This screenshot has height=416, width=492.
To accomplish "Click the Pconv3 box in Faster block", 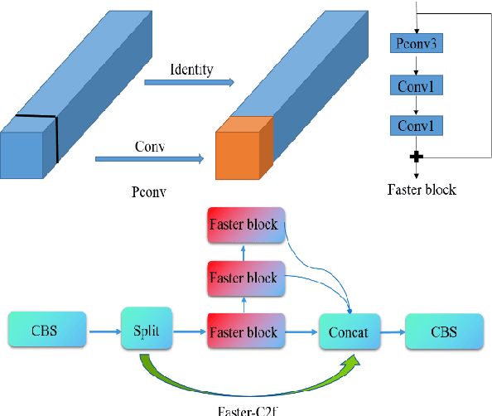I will tap(417, 44).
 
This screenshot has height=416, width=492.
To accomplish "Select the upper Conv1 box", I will tap(417, 85).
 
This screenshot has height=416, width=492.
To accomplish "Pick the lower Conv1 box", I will tap(417, 126).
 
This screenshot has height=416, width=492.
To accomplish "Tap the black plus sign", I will tap(417, 155).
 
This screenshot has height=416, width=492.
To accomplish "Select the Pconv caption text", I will tap(148, 191).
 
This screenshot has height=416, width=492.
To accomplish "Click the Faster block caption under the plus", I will tap(422, 189).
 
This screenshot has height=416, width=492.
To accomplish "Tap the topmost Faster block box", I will tap(244, 226).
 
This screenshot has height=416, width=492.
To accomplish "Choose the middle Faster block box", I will tap(244, 278).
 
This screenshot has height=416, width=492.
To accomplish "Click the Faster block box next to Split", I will tap(244, 331).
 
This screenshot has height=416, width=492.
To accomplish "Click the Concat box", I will tap(349, 332).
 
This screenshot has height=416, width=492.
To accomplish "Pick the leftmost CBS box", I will tap(47, 329).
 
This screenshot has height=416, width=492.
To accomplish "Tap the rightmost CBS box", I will tap(442, 331).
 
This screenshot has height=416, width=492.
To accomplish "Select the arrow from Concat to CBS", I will tap(392, 331).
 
